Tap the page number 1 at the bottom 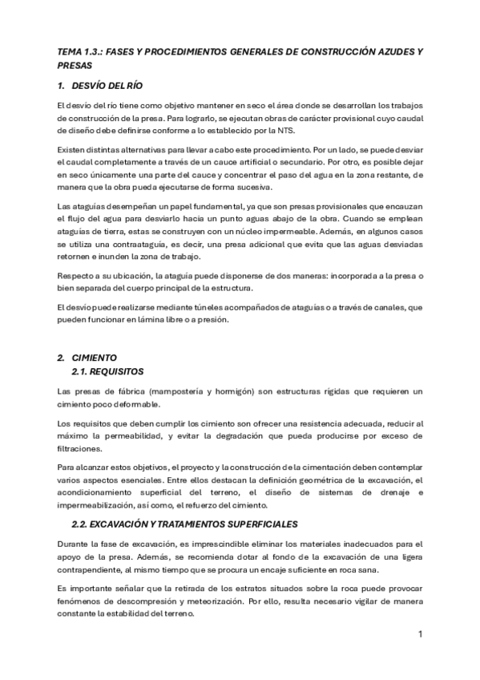pos(419,634)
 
